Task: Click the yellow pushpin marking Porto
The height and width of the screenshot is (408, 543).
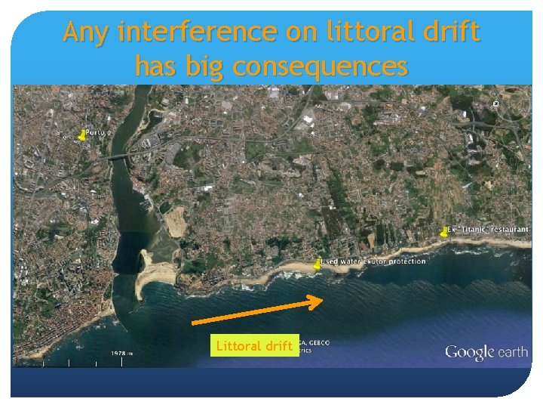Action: click(81, 135)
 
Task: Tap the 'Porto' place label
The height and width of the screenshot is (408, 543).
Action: click(96, 132)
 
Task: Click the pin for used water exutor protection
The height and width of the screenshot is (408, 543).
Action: click(317, 265)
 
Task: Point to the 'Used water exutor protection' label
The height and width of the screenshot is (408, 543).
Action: click(373, 261)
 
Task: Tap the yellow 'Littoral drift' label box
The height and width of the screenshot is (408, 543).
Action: click(254, 346)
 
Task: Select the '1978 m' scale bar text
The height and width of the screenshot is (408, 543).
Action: click(122, 353)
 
